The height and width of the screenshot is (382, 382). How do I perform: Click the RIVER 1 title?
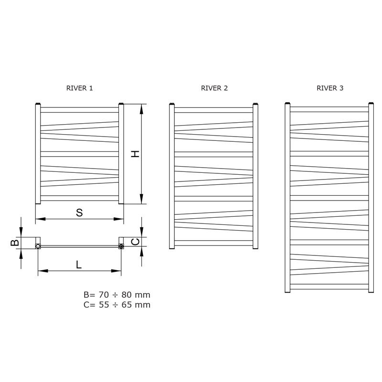point(79,88)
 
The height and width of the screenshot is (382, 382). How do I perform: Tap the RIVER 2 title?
point(214,88)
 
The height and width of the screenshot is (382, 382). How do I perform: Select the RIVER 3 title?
point(330,88)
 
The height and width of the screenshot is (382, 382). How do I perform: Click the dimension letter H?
point(135,154)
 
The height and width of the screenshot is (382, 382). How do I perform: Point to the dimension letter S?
point(79,212)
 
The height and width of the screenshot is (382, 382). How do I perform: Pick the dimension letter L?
point(78,265)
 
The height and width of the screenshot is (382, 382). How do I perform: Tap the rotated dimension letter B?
point(15,243)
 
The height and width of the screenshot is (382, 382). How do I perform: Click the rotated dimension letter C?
point(135,242)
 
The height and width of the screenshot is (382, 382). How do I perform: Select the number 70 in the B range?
point(104,295)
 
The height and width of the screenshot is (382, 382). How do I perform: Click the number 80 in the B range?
point(127,295)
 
